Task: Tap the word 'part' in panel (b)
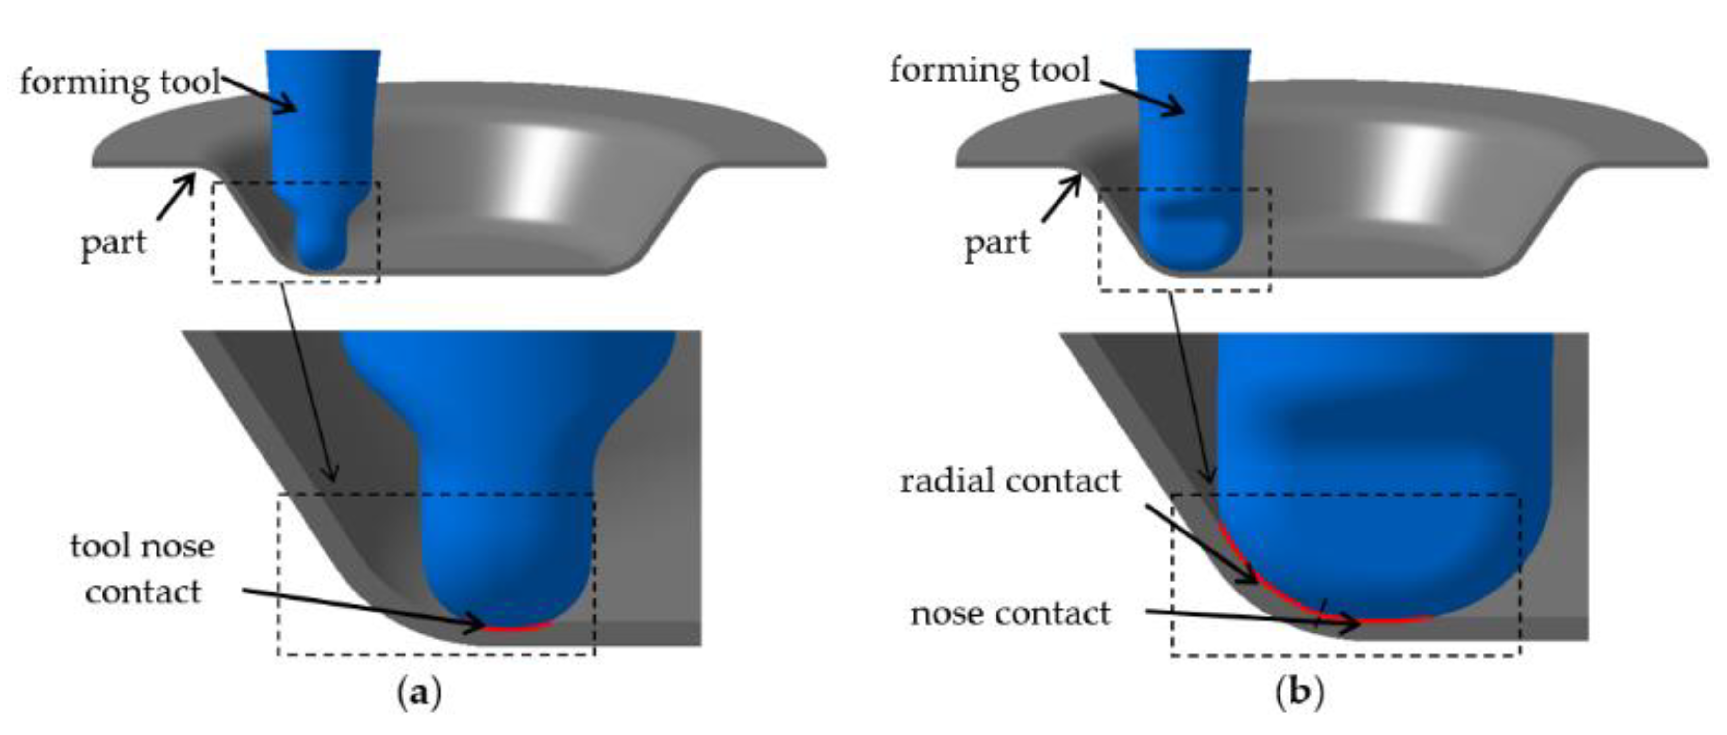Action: coord(996,243)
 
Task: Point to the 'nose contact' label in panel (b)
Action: coord(1010,613)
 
